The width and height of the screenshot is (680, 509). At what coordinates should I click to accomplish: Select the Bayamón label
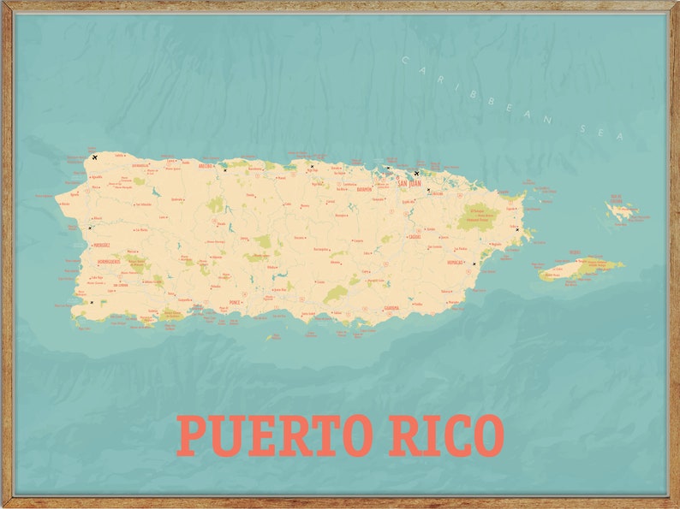(364, 189)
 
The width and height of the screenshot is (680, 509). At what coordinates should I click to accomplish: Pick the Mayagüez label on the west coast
(102, 244)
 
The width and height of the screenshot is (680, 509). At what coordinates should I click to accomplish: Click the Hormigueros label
(109, 261)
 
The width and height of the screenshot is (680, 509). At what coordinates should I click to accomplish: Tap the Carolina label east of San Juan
(437, 193)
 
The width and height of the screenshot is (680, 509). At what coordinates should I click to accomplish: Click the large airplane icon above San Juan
(416, 174)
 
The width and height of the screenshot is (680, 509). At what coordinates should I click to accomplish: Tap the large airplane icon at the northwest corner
(94, 157)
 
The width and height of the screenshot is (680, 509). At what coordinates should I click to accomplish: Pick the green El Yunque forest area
(478, 218)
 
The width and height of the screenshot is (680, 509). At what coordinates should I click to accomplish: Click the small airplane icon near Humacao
(474, 263)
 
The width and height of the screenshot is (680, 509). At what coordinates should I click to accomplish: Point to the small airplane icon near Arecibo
(225, 170)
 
